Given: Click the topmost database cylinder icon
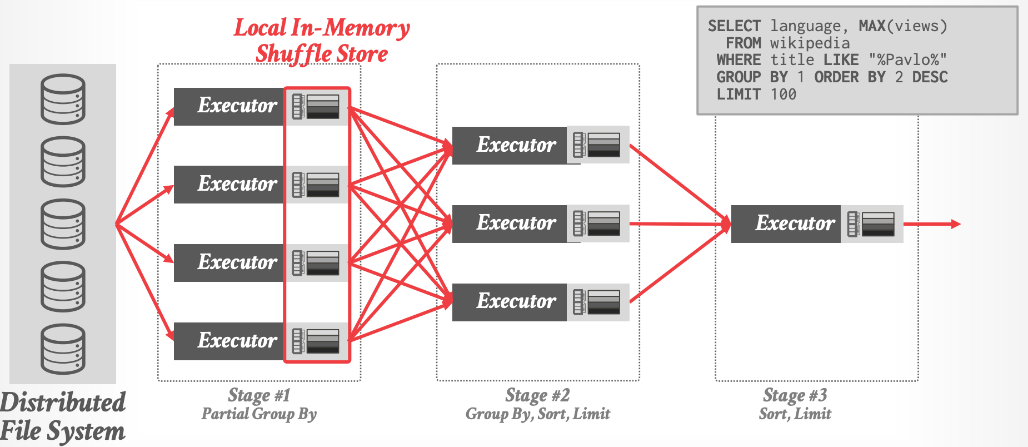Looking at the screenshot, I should [x=63, y=99].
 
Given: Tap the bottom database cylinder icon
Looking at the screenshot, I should [x=63, y=349].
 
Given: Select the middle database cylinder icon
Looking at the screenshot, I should [x=63, y=223].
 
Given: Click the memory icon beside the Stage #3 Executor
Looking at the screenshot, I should [x=871, y=223].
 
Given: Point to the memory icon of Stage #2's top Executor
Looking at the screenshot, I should [x=597, y=145].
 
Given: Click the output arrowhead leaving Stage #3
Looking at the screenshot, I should [x=956, y=224].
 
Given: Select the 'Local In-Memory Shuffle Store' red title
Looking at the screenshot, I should [x=322, y=41].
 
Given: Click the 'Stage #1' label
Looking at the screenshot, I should [x=259, y=395].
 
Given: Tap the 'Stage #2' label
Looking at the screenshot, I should [x=537, y=395].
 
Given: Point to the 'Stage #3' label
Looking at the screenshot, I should [x=795, y=395].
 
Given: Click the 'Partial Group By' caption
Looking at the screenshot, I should [x=259, y=414].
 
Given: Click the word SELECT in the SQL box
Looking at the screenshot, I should [x=734, y=26].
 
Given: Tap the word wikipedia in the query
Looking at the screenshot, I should [x=810, y=43].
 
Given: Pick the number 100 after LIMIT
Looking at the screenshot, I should [x=784, y=95].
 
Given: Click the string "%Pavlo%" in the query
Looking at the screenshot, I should [x=907, y=60].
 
